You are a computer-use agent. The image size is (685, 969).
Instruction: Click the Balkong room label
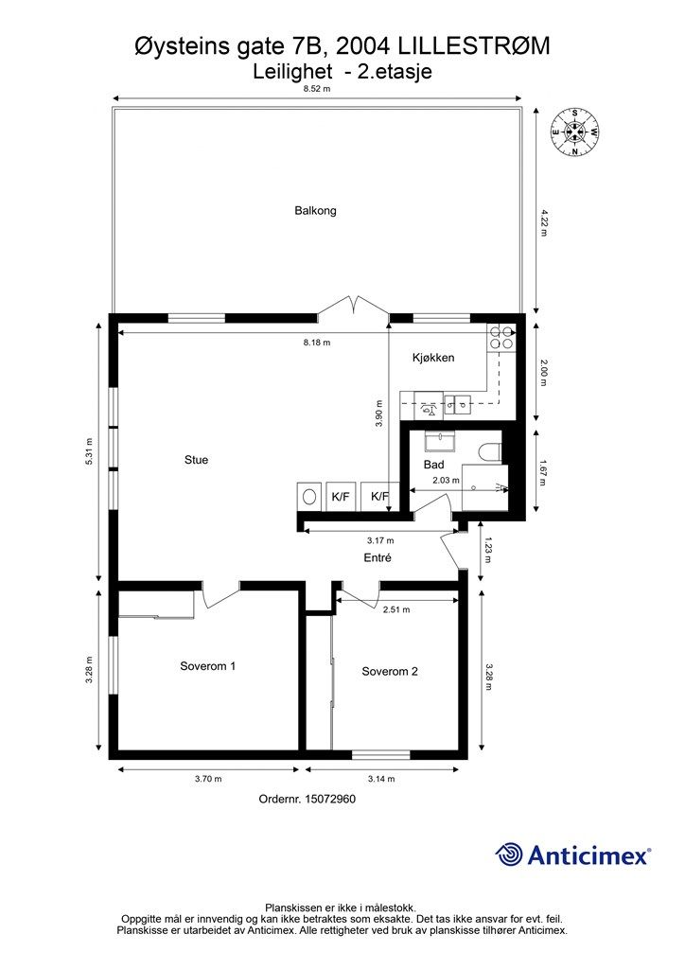tap(315, 211)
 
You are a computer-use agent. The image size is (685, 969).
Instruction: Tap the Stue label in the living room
tap(196, 460)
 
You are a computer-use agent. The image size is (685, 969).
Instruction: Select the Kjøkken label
tap(433, 358)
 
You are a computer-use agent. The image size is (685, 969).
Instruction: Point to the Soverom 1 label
tap(207, 666)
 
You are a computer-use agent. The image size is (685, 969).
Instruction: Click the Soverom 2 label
tap(389, 672)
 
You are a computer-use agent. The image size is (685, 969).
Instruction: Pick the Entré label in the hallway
tap(378, 558)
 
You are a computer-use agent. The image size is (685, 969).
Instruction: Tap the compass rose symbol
tap(574, 132)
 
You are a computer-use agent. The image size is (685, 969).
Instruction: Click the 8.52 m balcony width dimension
tap(317, 89)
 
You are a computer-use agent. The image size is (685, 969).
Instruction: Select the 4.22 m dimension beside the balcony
tap(544, 223)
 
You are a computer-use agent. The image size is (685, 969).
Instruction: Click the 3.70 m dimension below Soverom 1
tap(207, 779)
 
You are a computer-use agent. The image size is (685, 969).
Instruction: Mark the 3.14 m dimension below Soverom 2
tap(380, 779)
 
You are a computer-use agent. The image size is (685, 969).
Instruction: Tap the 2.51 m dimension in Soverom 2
tap(396, 610)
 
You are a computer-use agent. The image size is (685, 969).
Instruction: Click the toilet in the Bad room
tap(490, 451)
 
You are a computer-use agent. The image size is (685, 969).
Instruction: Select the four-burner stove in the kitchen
tap(501, 338)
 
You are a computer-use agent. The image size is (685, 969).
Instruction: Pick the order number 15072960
tap(307, 799)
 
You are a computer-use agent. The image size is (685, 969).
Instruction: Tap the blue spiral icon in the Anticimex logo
tap(510, 854)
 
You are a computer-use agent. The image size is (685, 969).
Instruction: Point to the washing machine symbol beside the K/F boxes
tap(308, 496)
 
